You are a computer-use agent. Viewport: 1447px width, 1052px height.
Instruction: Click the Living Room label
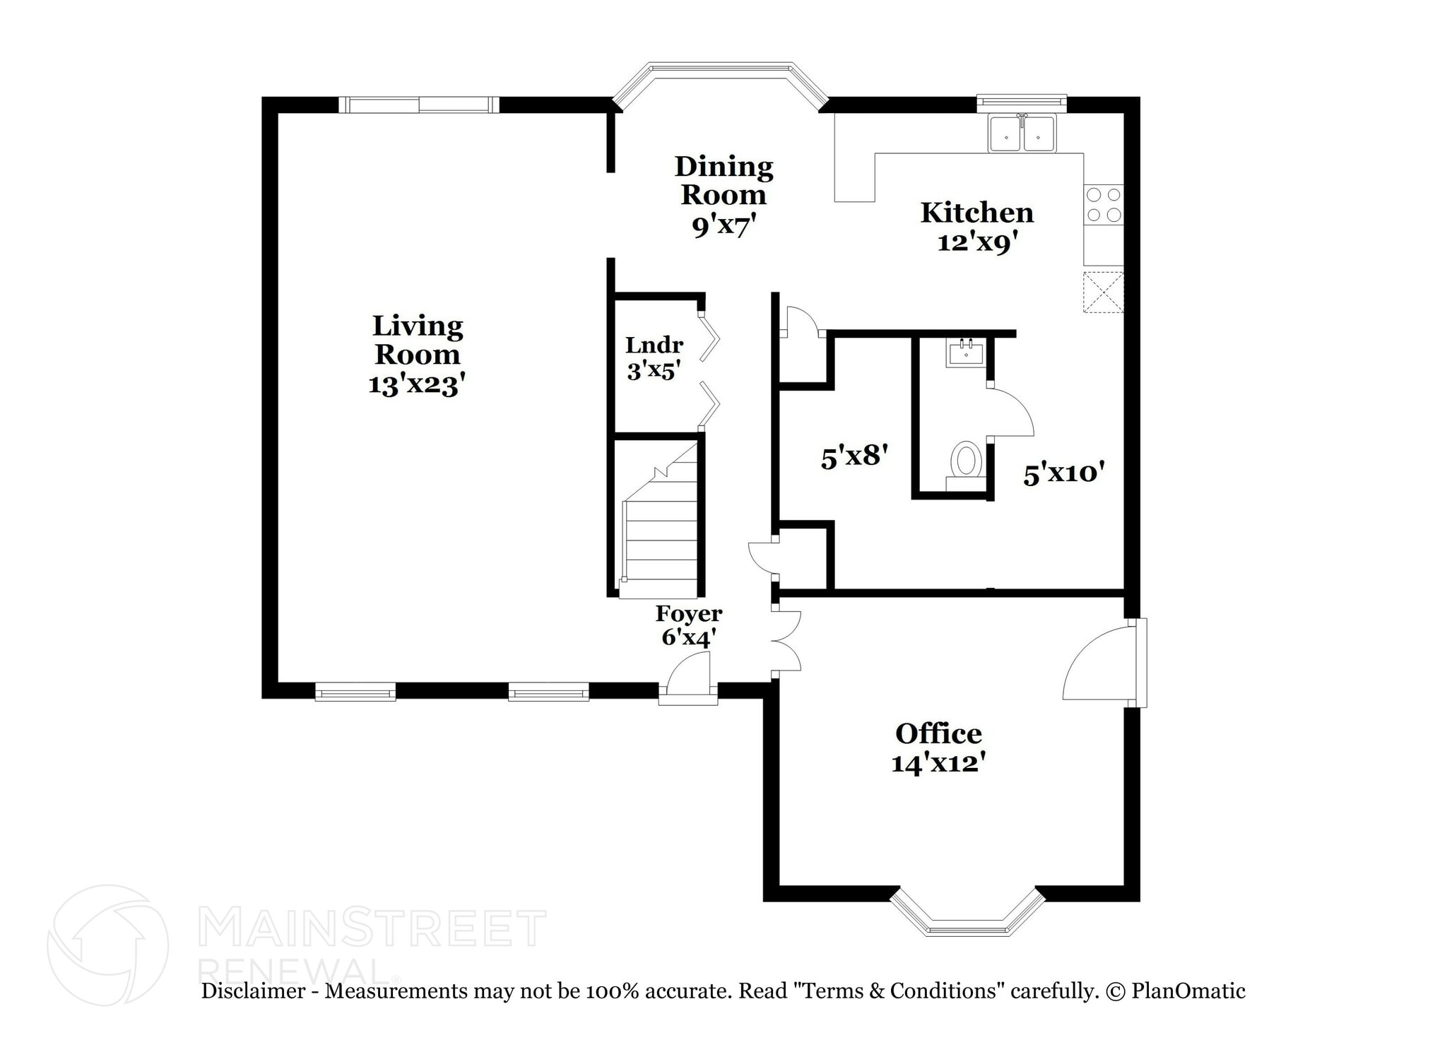(417, 340)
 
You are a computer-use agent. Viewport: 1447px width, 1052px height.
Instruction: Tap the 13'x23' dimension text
(417, 385)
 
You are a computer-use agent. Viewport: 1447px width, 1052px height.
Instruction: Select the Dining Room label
(723, 180)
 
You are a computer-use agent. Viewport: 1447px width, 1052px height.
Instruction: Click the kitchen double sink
(1022, 134)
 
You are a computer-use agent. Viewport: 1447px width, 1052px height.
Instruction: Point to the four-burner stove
(1104, 204)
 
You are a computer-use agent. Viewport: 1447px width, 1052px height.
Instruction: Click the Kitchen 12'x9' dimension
(977, 243)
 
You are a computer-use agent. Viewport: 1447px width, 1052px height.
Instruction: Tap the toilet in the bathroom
(966, 461)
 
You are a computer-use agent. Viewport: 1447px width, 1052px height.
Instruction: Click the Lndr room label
(654, 345)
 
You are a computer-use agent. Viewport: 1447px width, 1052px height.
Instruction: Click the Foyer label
(688, 613)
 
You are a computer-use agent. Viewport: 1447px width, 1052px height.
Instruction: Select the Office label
(938, 733)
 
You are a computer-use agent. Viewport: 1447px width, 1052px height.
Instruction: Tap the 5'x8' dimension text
(854, 457)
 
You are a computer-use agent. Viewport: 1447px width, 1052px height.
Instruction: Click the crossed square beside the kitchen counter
(1103, 291)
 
